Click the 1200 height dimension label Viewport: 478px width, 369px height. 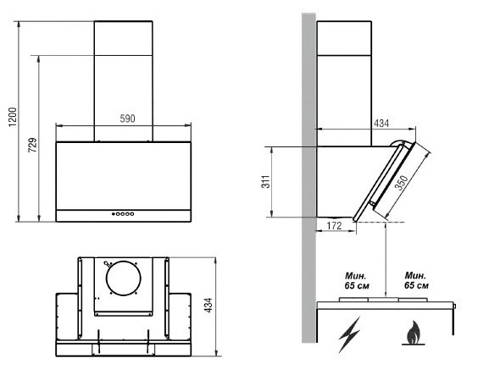click(13, 117)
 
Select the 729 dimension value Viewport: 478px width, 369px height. click(32, 145)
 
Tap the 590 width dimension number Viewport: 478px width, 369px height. click(127, 118)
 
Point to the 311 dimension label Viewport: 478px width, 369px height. click(266, 182)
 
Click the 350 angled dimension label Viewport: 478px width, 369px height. click(402, 183)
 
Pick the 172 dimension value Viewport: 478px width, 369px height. click(335, 226)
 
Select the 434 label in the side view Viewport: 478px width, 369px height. click(381, 124)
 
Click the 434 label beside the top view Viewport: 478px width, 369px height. click(208, 305)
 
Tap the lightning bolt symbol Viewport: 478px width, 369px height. click(350, 334)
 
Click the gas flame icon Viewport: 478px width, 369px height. click(413, 333)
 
